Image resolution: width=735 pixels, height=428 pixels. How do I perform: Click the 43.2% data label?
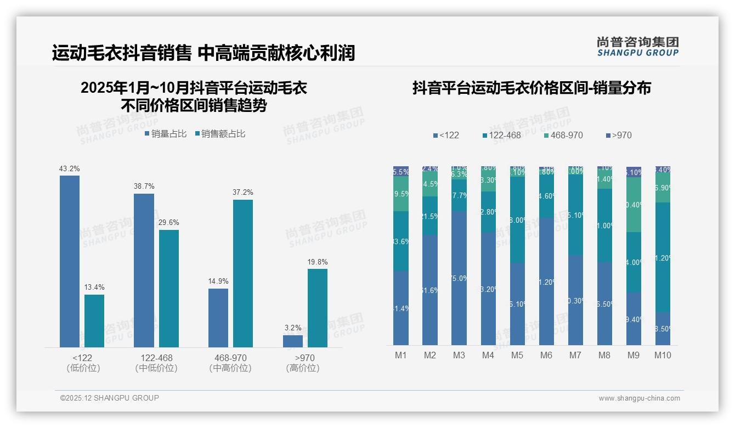(70, 168)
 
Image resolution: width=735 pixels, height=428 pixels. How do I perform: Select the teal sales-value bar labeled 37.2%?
(242, 273)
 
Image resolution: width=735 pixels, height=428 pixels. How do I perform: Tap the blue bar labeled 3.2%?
(293, 341)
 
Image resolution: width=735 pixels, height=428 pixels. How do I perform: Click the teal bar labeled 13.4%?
(94, 320)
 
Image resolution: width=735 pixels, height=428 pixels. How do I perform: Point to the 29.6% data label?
(169, 222)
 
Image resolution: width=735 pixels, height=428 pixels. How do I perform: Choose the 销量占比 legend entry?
(166, 134)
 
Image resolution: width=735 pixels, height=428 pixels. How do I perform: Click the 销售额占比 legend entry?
(220, 134)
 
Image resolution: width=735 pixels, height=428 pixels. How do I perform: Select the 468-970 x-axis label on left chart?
(230, 358)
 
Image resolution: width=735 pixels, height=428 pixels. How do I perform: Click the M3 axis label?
(459, 355)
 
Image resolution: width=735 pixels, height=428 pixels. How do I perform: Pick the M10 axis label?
(663, 355)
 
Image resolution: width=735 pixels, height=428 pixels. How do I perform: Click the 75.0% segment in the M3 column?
(459, 278)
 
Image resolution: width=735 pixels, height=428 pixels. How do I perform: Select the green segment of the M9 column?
(634, 205)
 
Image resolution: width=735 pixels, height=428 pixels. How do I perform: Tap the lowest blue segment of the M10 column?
(663, 328)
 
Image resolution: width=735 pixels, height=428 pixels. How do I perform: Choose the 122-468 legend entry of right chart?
(501, 135)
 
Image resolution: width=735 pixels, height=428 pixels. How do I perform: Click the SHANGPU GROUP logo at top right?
(637, 47)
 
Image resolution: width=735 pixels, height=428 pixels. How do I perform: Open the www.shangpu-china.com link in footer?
(639, 398)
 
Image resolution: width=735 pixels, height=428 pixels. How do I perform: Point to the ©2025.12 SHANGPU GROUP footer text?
(110, 398)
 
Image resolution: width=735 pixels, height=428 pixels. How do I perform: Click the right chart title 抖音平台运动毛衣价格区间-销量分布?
(532, 88)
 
